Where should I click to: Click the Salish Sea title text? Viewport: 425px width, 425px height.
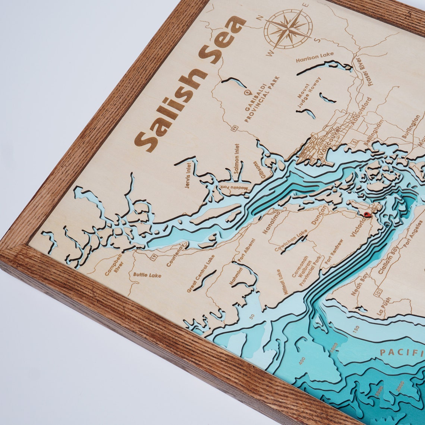coord(190,84)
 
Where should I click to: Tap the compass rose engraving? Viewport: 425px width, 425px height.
coord(288,29)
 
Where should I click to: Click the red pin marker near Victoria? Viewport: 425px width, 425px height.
coord(367,214)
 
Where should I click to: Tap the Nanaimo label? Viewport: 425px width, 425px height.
coord(271,222)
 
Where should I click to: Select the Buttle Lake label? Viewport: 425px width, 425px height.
coord(147,275)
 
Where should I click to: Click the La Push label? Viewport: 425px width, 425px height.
coord(384,306)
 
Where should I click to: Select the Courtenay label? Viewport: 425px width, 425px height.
coord(175,255)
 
